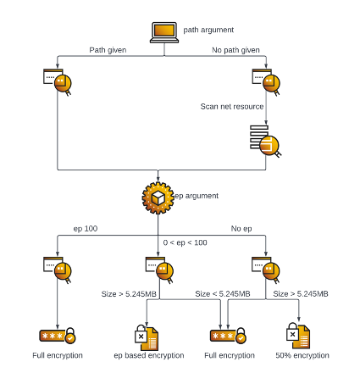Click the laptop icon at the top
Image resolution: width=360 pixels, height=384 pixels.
tap(164, 32)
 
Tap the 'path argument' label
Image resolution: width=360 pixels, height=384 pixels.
tap(208, 30)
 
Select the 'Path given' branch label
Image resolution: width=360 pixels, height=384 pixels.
tap(108, 50)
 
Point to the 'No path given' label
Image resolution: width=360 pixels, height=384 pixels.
tap(235, 50)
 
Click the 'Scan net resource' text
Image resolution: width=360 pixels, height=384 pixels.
tap(232, 107)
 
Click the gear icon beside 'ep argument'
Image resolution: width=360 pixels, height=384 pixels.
tap(158, 198)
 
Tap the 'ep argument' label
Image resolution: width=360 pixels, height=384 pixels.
tap(197, 196)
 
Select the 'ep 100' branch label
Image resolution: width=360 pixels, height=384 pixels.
tap(86, 229)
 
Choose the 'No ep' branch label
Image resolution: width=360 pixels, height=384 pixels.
tap(241, 229)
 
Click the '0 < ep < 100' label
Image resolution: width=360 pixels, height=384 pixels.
tap(185, 242)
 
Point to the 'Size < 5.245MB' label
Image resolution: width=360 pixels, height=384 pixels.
tap(223, 294)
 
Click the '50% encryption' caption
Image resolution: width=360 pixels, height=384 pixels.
tap(302, 355)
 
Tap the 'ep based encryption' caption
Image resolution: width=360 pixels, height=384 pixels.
tap(149, 355)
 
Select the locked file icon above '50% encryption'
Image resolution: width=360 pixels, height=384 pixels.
tap(298, 336)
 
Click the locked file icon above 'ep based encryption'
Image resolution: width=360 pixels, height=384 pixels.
tap(147, 337)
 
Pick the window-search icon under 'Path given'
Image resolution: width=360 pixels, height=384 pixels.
tap(58, 82)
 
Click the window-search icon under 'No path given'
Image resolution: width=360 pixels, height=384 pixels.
tap(266, 82)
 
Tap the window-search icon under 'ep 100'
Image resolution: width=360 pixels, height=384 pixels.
tap(58, 270)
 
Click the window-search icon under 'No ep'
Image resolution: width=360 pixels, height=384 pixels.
tap(266, 270)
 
